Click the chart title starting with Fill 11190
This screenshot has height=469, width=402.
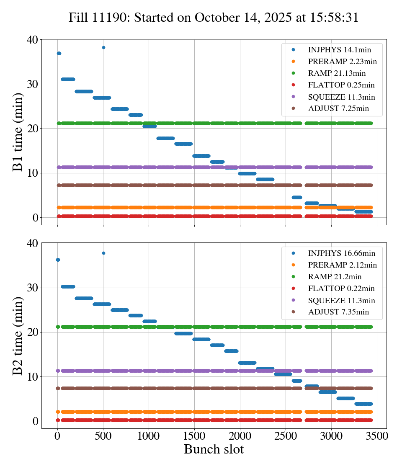pos(214,18)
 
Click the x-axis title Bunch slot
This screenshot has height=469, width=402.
pos(214,450)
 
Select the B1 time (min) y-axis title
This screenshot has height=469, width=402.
pos(18,132)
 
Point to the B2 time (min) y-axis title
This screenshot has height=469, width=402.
pos(18,335)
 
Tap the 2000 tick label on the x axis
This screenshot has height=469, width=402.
pos(240,436)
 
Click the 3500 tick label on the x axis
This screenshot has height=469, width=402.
pos(377,436)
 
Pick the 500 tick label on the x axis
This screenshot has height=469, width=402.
pos(103,436)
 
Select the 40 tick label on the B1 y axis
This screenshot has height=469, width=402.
pos(32,40)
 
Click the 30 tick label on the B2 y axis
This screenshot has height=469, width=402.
pos(32,288)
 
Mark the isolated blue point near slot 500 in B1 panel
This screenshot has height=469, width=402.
pos(103,47)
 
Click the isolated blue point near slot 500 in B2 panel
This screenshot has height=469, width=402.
pos(103,253)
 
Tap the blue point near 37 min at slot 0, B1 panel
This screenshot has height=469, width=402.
pos(59,53)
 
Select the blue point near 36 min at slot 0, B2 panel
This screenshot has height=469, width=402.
pos(58,260)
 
